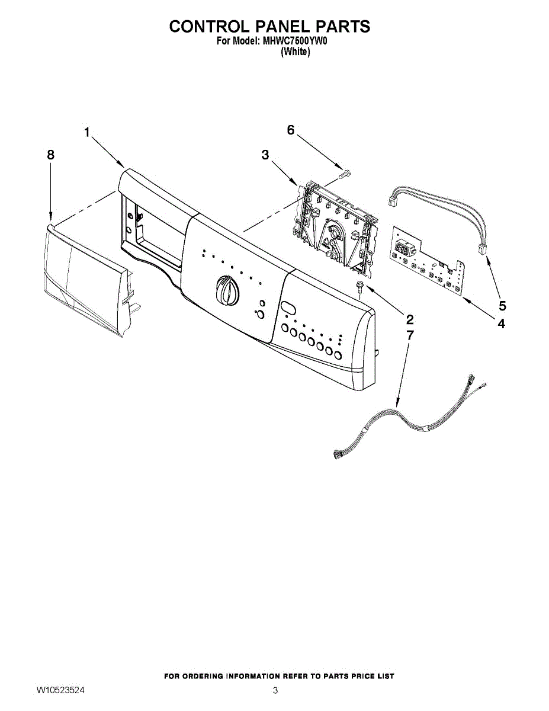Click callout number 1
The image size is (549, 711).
(86, 133)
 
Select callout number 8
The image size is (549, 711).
(50, 155)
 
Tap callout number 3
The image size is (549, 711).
(265, 155)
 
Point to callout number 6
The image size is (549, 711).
(291, 130)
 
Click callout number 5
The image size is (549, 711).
(502, 306)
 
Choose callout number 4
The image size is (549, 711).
(501, 324)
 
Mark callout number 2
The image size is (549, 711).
(409, 319)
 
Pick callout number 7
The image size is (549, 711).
(410, 335)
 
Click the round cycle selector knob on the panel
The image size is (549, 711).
(226, 290)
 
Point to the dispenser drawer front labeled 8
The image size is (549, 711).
(83, 278)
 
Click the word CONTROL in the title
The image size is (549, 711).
(204, 27)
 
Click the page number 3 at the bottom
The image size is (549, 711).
(275, 690)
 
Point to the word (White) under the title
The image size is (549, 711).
(294, 52)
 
